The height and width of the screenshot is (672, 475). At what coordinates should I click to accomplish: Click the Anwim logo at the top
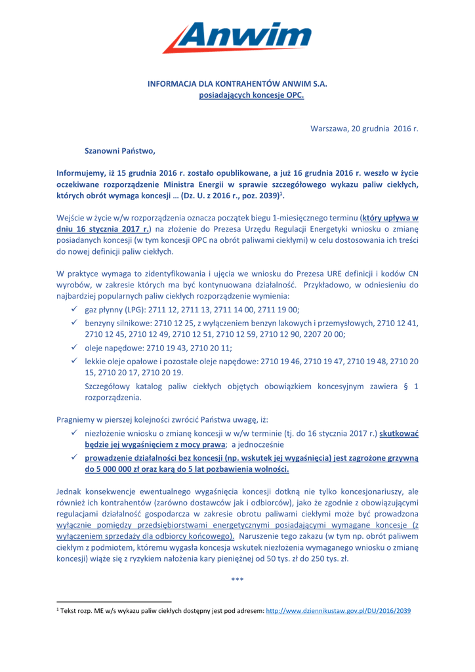pyautogui.click(x=234, y=32)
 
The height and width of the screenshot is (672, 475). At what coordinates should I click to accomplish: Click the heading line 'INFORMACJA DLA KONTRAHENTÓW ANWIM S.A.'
pyautogui.click(x=237, y=84)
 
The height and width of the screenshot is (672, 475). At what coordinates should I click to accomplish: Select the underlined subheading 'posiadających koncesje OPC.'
pyautogui.click(x=237, y=95)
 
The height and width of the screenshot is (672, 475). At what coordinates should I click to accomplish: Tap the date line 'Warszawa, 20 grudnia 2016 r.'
pyautogui.click(x=364, y=127)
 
